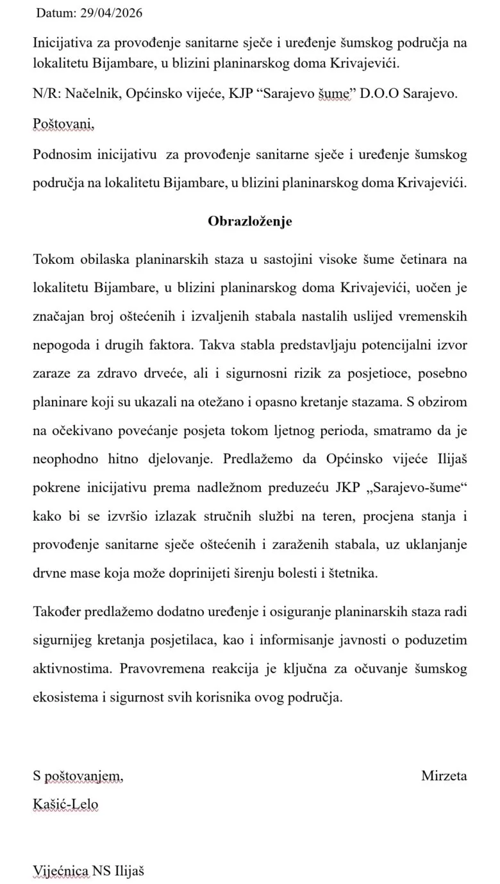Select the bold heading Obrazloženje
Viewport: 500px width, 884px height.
click(x=250, y=221)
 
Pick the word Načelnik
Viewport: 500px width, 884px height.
click(x=89, y=94)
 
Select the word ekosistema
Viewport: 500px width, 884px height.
click(x=64, y=698)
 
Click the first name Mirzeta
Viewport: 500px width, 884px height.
click(x=444, y=776)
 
